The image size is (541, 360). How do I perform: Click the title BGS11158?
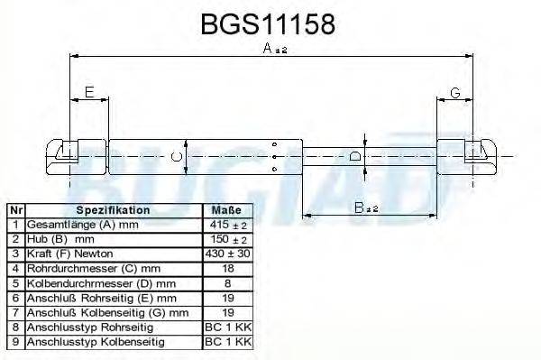[x=269, y=23]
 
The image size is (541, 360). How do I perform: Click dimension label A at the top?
[x=270, y=51]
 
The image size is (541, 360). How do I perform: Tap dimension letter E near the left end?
[x=89, y=92]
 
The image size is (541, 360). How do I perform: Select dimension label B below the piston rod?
[x=362, y=208]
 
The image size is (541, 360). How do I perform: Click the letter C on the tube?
[x=178, y=158]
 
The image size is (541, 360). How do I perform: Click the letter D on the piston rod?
[x=355, y=157]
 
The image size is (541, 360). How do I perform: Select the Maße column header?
[x=226, y=210]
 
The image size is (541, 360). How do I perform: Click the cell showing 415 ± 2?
[x=226, y=225]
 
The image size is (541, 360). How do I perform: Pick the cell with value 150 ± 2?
[x=226, y=239]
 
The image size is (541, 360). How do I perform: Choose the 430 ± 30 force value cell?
[x=226, y=254]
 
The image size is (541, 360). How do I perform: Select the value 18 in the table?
[x=226, y=269]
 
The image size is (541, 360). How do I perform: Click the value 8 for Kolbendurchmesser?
[x=226, y=283]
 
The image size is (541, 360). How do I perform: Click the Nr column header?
[x=15, y=210]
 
